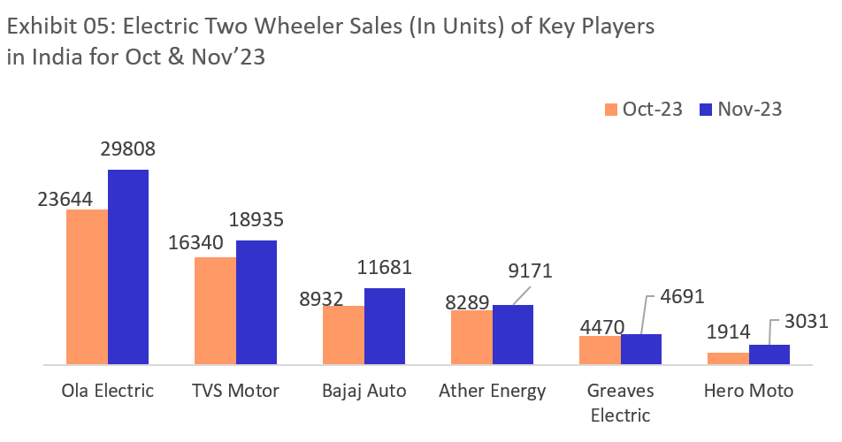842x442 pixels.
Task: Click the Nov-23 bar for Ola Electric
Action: pyautogui.click(x=128, y=266)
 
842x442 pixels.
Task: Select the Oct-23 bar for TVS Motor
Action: pyautogui.click(x=216, y=310)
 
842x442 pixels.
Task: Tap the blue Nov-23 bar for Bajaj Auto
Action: pyautogui.click(x=385, y=325)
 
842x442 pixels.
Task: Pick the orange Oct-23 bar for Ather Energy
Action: pyautogui.click(x=471, y=337)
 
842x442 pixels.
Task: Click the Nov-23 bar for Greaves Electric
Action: pyautogui.click(x=641, y=349)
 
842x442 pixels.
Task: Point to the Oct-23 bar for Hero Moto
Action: pyautogui.click(x=728, y=358)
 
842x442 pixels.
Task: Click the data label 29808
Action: pyautogui.click(x=127, y=149)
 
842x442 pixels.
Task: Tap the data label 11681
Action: pyautogui.click(x=383, y=267)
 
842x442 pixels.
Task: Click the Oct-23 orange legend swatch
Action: pyautogui.click(x=610, y=110)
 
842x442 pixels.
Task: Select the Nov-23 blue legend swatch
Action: pyautogui.click(x=705, y=110)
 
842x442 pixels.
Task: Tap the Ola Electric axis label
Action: pyautogui.click(x=107, y=390)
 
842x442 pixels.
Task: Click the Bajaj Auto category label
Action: pyautogui.click(x=364, y=390)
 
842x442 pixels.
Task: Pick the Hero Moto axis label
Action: pyautogui.click(x=748, y=390)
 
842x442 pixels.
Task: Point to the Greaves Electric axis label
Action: pyautogui.click(x=620, y=402)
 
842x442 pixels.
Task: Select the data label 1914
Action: pyautogui.click(x=728, y=333)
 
